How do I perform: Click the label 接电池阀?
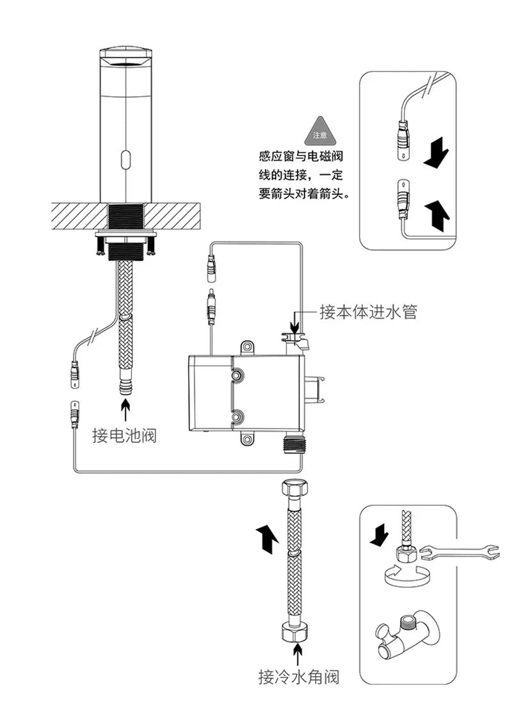124,437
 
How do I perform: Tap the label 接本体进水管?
369,312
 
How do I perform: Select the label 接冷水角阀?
298,676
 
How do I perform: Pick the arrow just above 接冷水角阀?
298,655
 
